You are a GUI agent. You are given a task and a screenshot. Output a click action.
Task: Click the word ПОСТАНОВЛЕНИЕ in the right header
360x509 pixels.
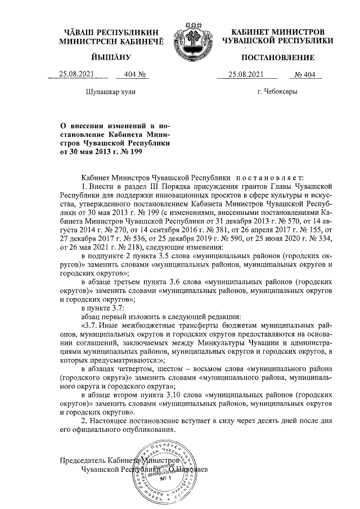click(x=278, y=58)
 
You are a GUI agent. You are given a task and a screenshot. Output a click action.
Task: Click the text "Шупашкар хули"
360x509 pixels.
click(x=110, y=91)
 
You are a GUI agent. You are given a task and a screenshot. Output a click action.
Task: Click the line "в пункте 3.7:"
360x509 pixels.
click(x=101, y=308)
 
